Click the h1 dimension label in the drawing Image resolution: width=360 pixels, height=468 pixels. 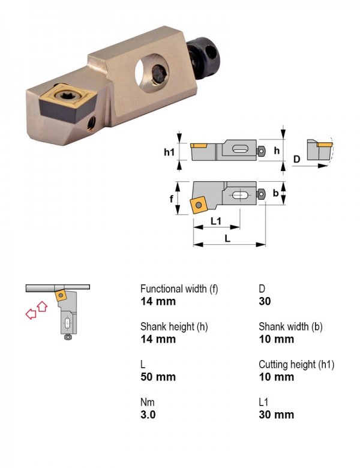point(169,152)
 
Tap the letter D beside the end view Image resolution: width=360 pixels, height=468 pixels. point(296,159)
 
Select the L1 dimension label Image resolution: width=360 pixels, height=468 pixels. point(216,221)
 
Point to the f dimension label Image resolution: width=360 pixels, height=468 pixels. point(172,199)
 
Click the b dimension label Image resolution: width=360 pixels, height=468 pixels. point(275,193)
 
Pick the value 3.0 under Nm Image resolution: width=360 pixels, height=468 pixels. point(148,415)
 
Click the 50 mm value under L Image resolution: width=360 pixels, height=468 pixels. point(158,377)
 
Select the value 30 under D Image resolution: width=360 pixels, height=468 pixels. point(265,301)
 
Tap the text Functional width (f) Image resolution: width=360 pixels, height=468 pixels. point(179,289)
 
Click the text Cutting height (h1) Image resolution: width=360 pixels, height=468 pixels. point(296,364)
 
